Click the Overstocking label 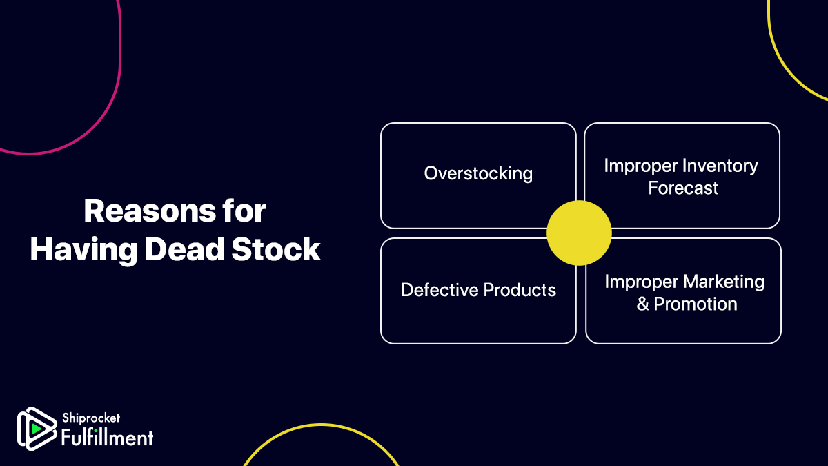pyautogui.click(x=478, y=173)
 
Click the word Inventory pyautogui.click(x=720, y=166)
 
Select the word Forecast pyautogui.click(x=683, y=188)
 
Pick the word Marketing pyautogui.click(x=724, y=282)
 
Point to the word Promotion pyautogui.click(x=696, y=304)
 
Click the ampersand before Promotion pyautogui.click(x=642, y=304)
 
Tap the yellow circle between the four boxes pyautogui.click(x=579, y=233)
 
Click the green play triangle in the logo pyautogui.click(x=37, y=429)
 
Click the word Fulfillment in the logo pyautogui.click(x=107, y=437)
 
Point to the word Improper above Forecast pyautogui.click(x=640, y=166)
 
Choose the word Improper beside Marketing pyautogui.click(x=641, y=282)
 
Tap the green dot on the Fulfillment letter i pyautogui.click(x=97, y=429)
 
